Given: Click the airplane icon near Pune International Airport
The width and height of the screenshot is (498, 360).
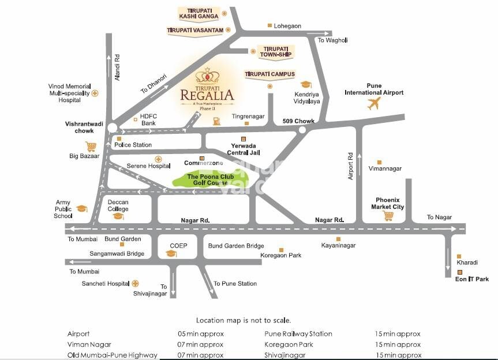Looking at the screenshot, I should pos(374,104).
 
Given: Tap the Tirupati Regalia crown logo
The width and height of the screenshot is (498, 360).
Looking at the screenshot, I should pos(207,76).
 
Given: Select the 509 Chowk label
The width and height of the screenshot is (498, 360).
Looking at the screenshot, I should pos(298,121).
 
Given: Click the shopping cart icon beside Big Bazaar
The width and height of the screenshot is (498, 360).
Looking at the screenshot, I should pos(91,147).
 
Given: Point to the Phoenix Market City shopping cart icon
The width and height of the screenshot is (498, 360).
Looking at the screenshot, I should pos(388,216).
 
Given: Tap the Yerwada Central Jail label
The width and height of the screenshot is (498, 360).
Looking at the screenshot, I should pos(243,149).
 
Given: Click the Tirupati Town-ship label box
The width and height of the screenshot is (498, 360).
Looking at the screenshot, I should pos(274,52).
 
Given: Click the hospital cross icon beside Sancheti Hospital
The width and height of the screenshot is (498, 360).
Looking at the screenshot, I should pos(135,283).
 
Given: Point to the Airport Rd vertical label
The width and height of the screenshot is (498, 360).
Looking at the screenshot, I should pos(350,166).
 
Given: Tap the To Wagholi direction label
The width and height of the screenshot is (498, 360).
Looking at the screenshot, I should pos(333,40).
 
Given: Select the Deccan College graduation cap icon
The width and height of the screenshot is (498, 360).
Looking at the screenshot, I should pos(118,216).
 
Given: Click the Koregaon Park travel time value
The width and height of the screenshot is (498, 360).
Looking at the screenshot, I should pos(398,344).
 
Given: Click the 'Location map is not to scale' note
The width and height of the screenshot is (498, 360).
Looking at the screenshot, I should pos(244,320).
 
